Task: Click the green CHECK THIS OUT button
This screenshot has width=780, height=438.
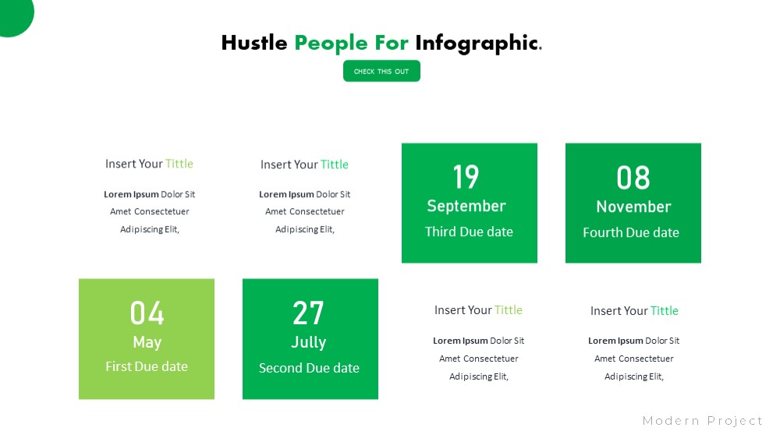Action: (381, 71)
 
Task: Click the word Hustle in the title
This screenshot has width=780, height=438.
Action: (254, 43)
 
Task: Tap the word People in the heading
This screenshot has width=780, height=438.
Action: (331, 44)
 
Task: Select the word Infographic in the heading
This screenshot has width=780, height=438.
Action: (479, 44)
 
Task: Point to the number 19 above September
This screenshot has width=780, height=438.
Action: (466, 177)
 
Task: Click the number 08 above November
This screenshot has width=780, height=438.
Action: (633, 178)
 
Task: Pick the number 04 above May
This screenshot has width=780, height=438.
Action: (147, 313)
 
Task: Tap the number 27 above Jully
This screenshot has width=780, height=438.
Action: (308, 313)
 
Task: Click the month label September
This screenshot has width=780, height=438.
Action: (466, 207)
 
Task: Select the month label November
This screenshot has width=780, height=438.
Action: (633, 207)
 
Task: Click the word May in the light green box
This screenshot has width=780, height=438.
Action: (147, 343)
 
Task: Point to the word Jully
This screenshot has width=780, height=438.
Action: (309, 343)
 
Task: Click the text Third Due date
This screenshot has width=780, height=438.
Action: (469, 231)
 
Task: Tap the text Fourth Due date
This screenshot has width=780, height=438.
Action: (631, 233)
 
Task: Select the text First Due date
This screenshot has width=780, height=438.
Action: (147, 366)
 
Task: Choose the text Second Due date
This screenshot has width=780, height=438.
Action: (309, 368)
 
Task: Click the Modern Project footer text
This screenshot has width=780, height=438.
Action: (703, 421)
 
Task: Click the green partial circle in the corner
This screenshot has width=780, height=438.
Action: (14, 15)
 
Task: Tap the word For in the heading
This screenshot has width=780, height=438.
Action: (392, 43)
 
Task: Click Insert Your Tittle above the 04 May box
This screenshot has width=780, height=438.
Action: (149, 164)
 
